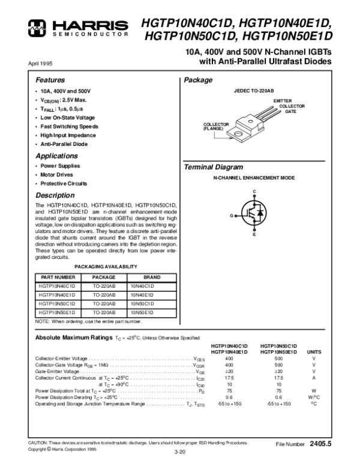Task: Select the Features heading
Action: click(50, 80)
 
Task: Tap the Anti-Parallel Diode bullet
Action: click(64, 145)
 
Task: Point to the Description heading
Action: click(55, 195)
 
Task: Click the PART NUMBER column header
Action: click(58, 277)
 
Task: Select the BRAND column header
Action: click(152, 277)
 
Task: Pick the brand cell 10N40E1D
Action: click(142, 295)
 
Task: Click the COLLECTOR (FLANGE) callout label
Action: click(213, 126)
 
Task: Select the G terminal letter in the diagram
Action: click(231, 214)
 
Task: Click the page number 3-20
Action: click(179, 451)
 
